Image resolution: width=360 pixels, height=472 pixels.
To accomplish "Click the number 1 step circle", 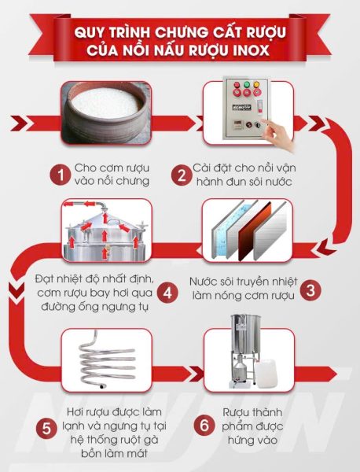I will tap(57, 173).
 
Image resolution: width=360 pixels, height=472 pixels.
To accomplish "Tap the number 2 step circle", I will tap(182, 173).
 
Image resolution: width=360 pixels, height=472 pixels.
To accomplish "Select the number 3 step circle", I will tap(312, 289).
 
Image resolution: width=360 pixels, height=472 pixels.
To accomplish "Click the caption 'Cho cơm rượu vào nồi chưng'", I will tap(112, 173).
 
